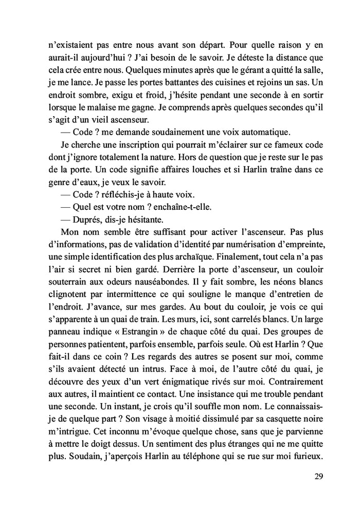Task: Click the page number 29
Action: [x=318, y=476]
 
